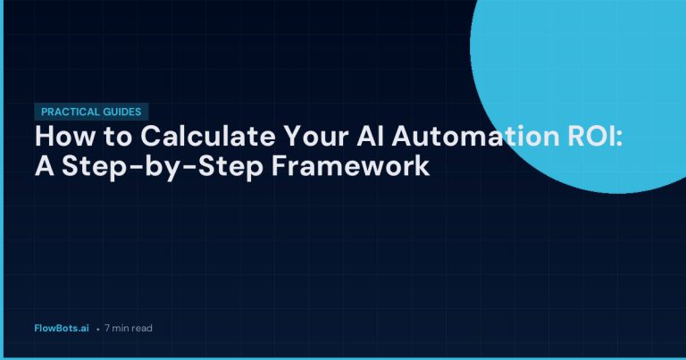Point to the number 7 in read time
click(107, 328)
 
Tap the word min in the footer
click(121, 328)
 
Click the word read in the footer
click(143, 328)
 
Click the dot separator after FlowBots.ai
click(97, 329)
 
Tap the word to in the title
click(105, 138)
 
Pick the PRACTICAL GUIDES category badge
click(91, 113)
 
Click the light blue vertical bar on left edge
click(2, 179)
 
